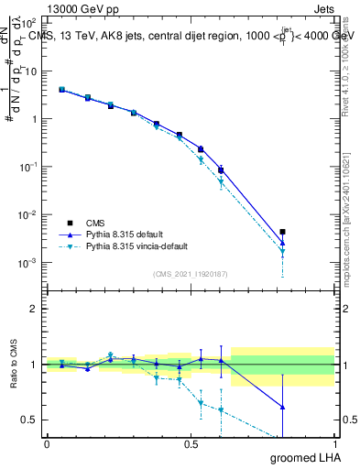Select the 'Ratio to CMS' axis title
(x=14, y=365)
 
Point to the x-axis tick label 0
(x=47, y=443)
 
